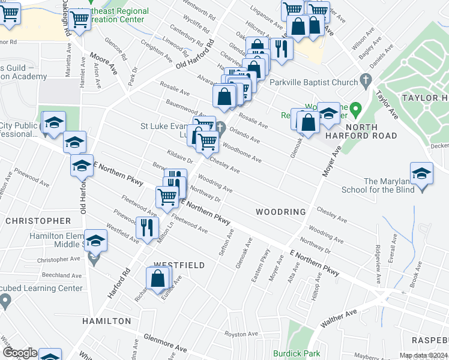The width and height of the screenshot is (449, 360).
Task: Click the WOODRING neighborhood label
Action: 280,212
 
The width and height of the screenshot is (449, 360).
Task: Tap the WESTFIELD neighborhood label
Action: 179,265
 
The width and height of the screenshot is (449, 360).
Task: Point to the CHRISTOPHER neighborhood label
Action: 38,221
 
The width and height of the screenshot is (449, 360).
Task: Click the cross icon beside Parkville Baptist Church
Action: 364,81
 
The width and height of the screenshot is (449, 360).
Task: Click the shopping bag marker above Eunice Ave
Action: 157,279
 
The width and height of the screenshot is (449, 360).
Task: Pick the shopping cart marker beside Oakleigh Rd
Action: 79,20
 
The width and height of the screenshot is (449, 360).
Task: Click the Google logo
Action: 20,353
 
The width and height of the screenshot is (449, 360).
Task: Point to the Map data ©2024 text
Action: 424,355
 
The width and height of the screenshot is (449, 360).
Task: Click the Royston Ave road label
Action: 241,334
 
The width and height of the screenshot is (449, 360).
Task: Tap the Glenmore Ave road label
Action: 166,343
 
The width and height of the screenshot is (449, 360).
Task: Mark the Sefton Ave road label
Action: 224,244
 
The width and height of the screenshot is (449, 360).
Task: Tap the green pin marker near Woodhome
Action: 356,109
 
